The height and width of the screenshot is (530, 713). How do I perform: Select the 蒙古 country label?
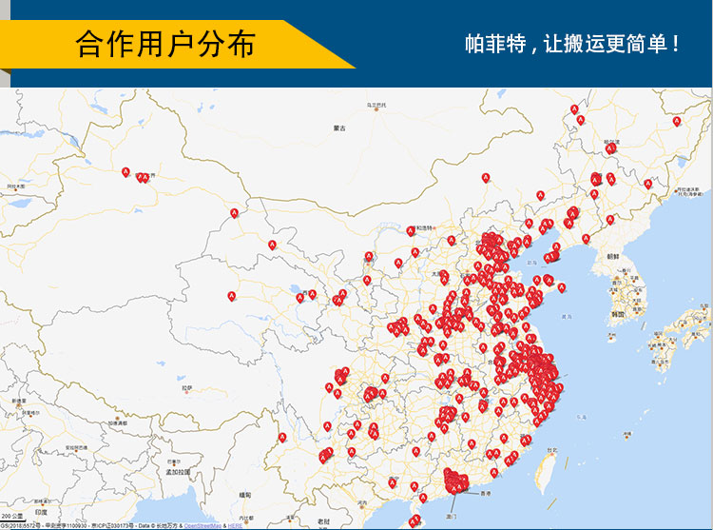coord(339,127)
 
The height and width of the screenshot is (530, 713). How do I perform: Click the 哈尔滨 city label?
coord(610,142)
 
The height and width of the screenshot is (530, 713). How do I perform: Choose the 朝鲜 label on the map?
coord(614,257)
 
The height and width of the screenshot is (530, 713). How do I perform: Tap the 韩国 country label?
coord(618,313)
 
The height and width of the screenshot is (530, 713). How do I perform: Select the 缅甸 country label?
coord(245,495)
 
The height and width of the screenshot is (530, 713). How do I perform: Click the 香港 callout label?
coord(485,494)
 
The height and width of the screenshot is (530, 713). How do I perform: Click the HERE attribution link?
coord(235,525)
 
